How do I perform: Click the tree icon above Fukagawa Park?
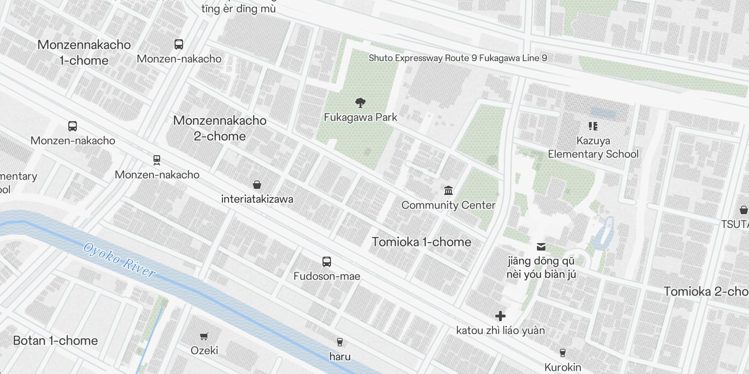(360, 102)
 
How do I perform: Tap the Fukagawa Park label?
(360, 117)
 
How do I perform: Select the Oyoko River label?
(119, 260)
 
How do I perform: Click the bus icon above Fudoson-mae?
(327, 262)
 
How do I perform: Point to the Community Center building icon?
(448, 190)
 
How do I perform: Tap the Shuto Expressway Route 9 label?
(458, 58)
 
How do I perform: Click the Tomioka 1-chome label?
(421, 242)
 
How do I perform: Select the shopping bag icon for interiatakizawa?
(257, 185)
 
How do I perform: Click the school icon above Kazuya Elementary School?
(593, 126)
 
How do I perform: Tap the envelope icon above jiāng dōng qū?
(541, 247)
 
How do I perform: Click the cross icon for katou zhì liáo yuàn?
(500, 316)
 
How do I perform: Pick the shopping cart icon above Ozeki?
(204, 336)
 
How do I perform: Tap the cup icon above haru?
(340, 342)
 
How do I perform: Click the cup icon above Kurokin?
(563, 352)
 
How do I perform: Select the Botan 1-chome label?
(56, 341)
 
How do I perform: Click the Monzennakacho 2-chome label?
(220, 128)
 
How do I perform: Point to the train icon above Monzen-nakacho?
(157, 160)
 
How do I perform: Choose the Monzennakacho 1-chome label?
(84, 52)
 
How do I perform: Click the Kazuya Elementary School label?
(593, 147)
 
